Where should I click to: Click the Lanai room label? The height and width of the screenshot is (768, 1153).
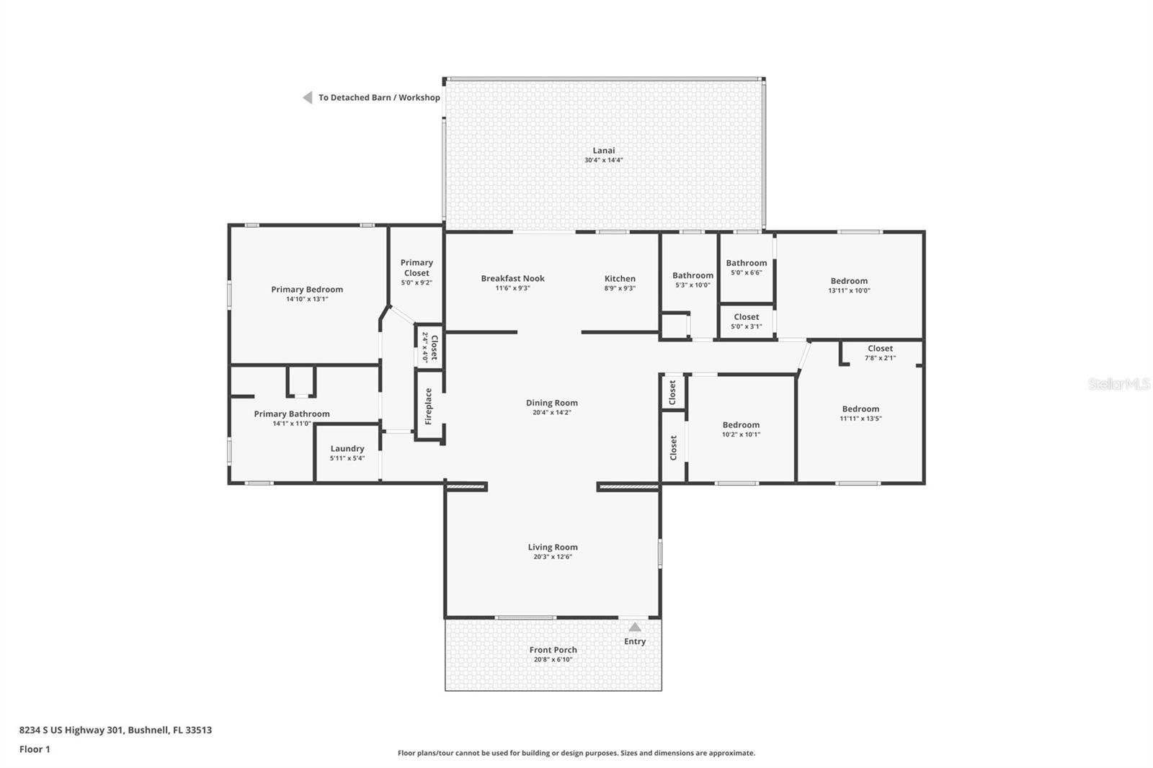(603, 151)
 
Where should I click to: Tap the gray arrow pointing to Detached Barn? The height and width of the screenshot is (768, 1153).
(307, 97)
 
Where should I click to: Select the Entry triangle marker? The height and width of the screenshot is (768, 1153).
(634, 628)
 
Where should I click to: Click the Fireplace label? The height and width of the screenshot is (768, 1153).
(428, 406)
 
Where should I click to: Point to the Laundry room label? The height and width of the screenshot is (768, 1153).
(347, 448)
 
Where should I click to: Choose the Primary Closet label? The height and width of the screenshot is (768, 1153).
(417, 267)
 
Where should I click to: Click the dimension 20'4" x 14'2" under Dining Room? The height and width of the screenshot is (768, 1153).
(552, 413)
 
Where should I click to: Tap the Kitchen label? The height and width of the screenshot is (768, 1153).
(620, 279)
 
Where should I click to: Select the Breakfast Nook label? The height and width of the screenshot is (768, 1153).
(512, 279)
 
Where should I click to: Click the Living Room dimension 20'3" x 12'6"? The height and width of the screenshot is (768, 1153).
(553, 557)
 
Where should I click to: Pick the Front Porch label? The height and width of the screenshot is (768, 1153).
(553, 650)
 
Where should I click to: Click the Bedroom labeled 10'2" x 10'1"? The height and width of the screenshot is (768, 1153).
(741, 425)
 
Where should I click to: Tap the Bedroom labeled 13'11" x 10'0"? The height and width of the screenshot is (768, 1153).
(849, 281)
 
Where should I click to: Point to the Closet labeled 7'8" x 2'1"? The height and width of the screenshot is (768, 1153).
(880, 349)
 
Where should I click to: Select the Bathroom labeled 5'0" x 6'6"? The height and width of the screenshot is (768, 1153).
(746, 263)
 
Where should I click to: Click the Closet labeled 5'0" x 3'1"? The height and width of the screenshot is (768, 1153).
(746, 317)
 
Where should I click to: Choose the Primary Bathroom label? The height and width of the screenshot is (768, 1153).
(292, 414)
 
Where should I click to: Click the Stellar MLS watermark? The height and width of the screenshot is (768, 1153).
(1118, 385)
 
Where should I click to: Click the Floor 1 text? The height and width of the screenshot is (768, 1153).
(35, 749)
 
